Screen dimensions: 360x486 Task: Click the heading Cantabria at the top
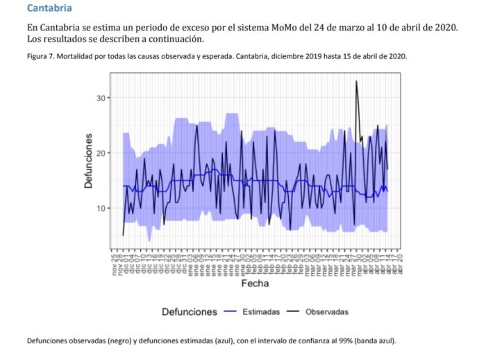pos(49,8)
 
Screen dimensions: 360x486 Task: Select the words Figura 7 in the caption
pos(41,56)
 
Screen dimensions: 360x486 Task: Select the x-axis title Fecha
pos(255,284)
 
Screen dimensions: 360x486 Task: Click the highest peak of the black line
pos(357,81)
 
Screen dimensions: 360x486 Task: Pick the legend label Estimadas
pos(261,312)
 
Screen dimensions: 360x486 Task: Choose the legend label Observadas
pos(326,312)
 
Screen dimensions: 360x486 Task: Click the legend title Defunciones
pos(190,312)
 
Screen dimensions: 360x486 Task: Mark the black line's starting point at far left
pos(123,235)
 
